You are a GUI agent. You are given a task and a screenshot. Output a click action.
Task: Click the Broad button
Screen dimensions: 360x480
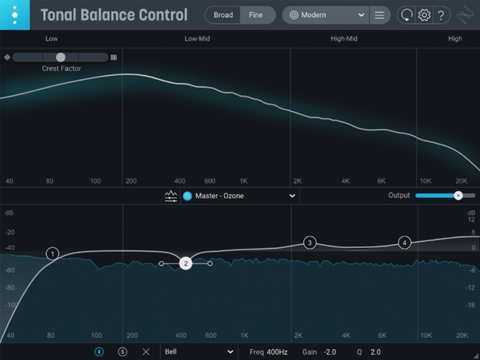pos(223,15)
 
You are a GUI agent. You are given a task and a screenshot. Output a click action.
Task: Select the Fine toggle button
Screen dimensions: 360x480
pos(256,15)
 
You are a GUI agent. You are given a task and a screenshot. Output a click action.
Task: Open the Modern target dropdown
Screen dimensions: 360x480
pos(324,15)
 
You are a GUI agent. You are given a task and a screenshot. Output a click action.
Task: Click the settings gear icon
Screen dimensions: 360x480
pos(423,15)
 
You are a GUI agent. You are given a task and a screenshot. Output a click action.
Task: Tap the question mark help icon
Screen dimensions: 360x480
pos(441,15)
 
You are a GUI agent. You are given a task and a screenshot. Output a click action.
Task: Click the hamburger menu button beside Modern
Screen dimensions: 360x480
pos(379,15)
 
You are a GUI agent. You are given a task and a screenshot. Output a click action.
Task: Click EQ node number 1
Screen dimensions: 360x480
pos(52,253)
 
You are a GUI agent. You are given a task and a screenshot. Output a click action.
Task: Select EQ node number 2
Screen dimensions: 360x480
pos(185,263)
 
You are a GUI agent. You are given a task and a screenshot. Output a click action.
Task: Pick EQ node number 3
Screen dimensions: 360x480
pos(310,243)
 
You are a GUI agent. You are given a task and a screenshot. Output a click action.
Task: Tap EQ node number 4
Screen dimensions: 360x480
pos(404,243)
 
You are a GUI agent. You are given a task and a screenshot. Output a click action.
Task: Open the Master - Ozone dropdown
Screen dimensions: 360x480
pos(239,196)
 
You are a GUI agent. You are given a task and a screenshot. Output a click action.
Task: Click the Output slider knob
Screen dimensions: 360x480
pos(458,196)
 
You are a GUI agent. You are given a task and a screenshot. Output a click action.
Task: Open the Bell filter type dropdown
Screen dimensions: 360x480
pos(198,352)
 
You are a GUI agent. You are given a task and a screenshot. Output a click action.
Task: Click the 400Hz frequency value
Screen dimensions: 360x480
pos(277,352)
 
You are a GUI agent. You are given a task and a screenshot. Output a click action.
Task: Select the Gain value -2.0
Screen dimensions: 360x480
pos(329,352)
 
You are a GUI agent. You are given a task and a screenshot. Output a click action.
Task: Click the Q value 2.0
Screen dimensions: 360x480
pos(376,352)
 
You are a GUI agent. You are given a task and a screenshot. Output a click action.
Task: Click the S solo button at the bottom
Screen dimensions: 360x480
pos(123,352)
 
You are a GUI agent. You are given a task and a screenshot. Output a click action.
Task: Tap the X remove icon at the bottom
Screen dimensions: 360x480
pos(146,352)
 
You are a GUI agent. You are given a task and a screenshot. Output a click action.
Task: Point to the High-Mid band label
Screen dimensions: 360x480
pos(343,38)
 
